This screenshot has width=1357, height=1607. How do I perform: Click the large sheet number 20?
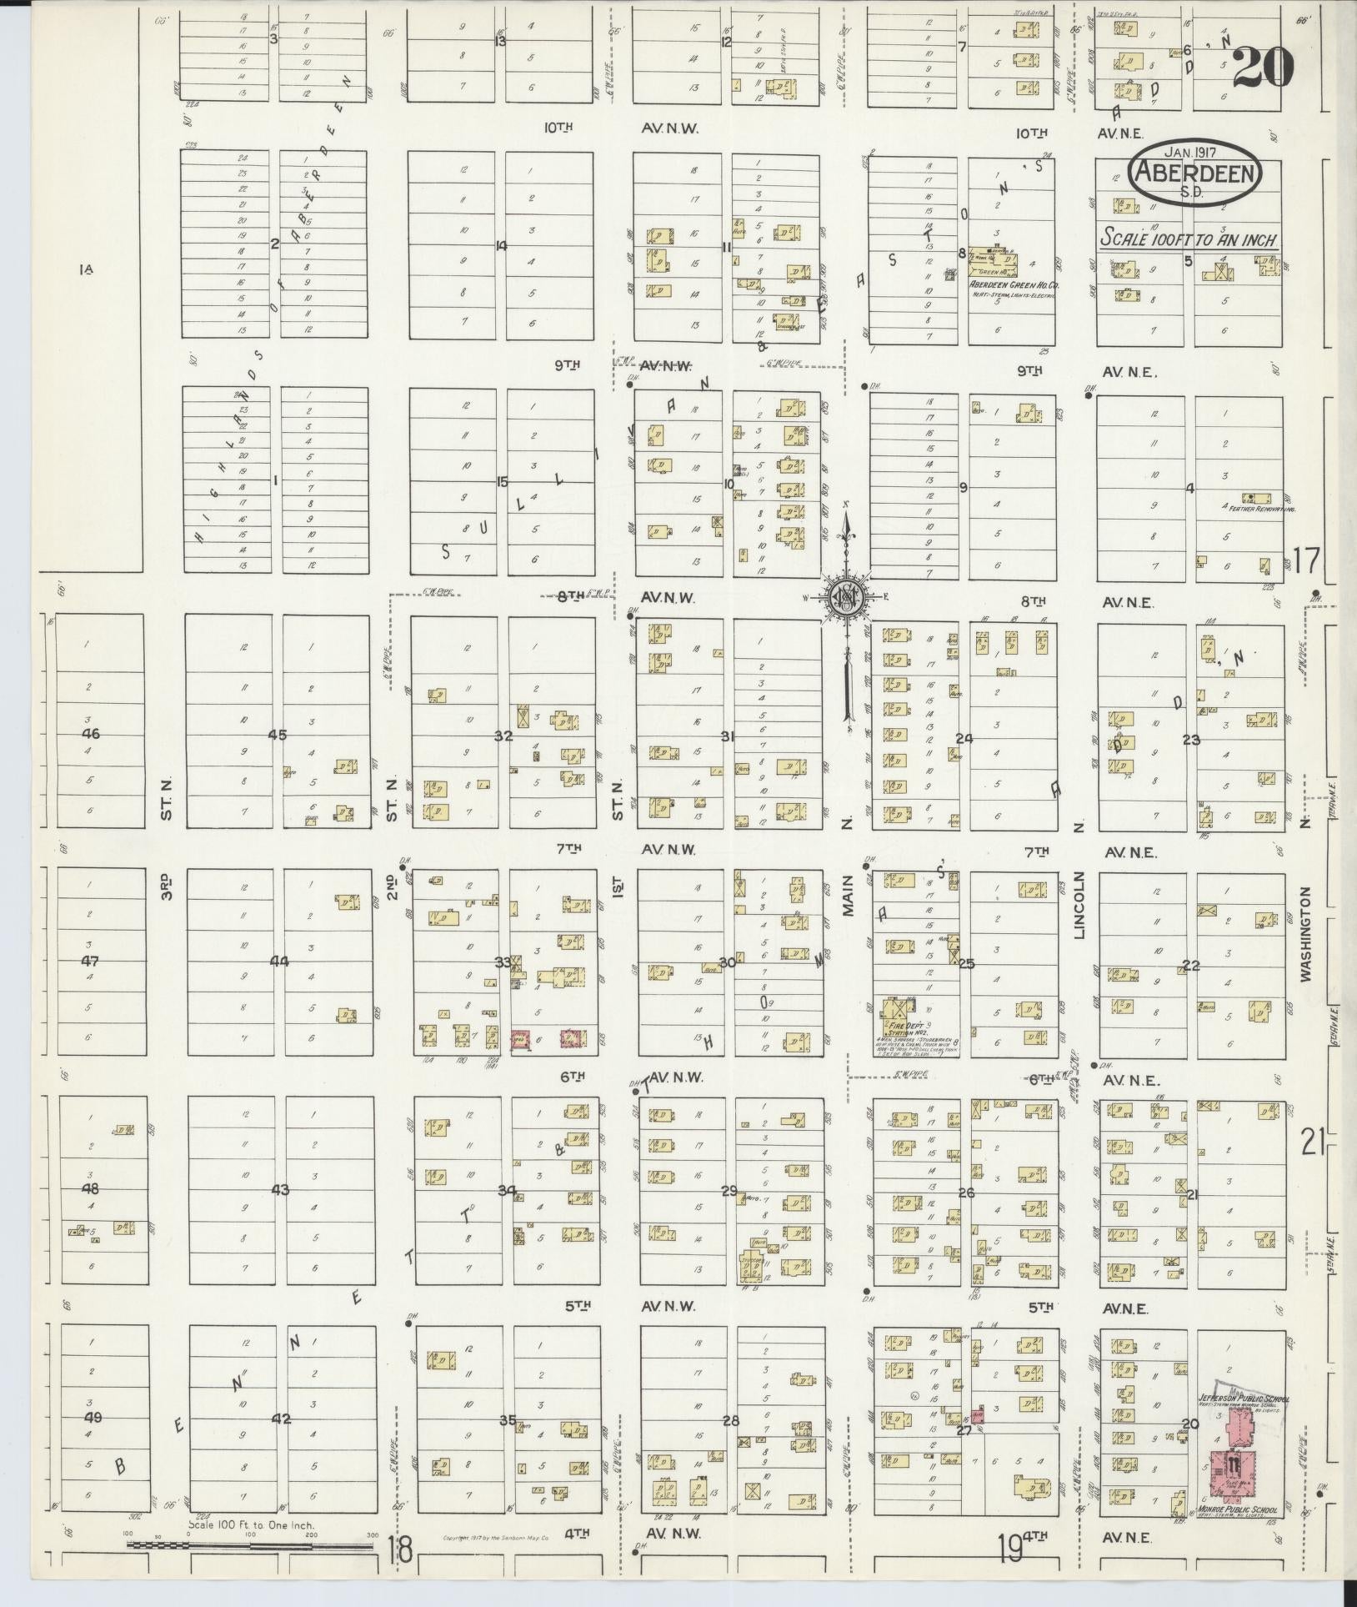[x=1262, y=66]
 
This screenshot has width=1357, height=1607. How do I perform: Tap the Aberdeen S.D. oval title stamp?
[x=1194, y=172]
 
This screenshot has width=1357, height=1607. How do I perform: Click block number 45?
[x=278, y=735]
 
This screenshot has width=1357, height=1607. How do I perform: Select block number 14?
[x=501, y=245]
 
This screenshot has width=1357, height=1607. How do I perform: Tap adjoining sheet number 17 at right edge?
[x=1306, y=560]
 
